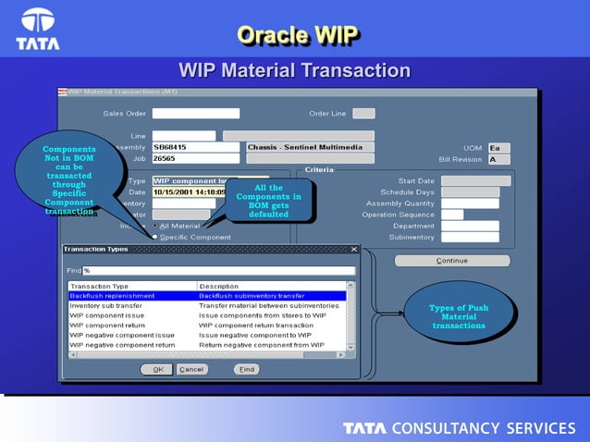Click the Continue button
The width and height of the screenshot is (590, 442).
tap(452, 261)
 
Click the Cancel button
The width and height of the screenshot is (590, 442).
tap(192, 369)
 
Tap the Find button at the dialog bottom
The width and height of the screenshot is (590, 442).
tap(246, 369)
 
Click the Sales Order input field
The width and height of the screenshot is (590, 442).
tap(195, 114)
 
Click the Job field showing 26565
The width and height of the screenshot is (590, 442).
tap(195, 159)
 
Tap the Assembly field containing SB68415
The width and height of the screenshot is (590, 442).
tap(195, 147)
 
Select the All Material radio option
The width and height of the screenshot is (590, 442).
tap(155, 226)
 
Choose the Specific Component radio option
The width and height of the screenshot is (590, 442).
tap(155, 237)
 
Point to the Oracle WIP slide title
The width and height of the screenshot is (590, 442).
tap(296, 35)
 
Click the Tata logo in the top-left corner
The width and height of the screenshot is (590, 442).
tap(38, 28)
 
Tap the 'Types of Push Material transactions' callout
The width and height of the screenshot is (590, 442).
tap(458, 316)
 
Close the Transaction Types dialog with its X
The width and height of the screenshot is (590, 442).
tap(353, 250)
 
